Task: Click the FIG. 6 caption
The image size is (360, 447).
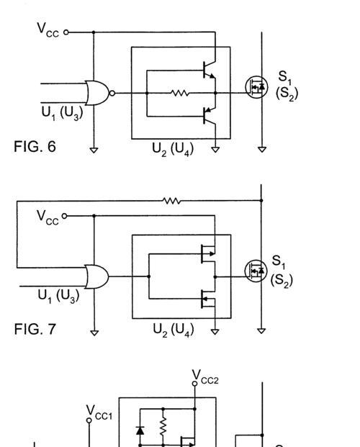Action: click(35, 147)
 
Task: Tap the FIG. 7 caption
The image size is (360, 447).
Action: click(35, 329)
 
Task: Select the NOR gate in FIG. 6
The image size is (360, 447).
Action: click(98, 93)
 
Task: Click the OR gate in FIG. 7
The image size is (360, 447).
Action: click(97, 276)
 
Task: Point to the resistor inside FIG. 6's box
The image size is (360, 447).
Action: click(180, 93)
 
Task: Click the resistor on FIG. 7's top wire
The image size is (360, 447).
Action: click(171, 201)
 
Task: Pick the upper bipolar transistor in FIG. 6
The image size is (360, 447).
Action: click(210, 70)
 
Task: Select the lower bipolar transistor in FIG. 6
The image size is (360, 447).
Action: click(210, 117)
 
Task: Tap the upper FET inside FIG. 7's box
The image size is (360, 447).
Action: click(208, 253)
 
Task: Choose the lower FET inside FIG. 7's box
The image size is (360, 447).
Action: click(208, 299)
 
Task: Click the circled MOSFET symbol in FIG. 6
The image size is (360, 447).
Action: click(256, 87)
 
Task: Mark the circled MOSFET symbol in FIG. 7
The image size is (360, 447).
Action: click(256, 271)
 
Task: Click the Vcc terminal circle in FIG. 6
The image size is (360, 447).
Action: click(66, 32)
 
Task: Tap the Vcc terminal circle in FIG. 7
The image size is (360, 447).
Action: click(65, 216)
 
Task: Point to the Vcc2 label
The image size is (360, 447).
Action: click(205, 377)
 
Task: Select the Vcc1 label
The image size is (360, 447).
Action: click(99, 412)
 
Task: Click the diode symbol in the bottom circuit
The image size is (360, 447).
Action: click(140, 430)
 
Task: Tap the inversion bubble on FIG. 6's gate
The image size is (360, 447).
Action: click(112, 93)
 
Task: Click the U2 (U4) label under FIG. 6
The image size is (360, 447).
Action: click(173, 150)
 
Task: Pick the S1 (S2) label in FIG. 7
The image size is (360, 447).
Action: click(282, 271)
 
